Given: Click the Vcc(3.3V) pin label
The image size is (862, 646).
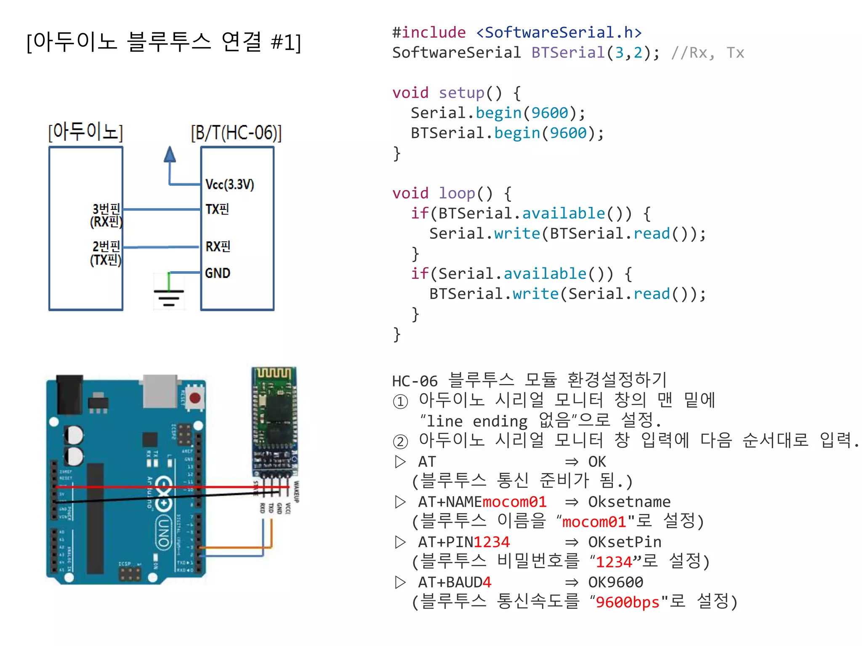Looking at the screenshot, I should click(229, 184).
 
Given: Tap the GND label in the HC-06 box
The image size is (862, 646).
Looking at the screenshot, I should click(217, 273).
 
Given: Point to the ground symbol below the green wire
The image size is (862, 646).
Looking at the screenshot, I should click(169, 297).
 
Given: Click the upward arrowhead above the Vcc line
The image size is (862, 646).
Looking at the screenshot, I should click(170, 154).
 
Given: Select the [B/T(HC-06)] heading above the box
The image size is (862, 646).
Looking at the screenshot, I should click(236, 133).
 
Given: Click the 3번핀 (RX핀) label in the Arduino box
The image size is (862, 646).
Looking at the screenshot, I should click(106, 215).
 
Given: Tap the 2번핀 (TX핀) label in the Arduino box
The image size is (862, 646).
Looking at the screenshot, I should click(106, 253).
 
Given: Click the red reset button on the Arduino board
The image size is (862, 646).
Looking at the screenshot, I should click(195, 398).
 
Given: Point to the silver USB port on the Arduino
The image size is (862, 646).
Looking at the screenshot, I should click(160, 391).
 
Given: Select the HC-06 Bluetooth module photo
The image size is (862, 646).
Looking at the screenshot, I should click(274, 421).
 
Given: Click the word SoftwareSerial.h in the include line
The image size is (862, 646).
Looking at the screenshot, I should click(559, 32).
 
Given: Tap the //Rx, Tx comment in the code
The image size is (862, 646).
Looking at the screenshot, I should click(708, 53).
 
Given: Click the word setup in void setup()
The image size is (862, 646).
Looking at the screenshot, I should click(461, 93).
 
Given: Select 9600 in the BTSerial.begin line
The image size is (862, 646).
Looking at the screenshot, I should click(568, 133).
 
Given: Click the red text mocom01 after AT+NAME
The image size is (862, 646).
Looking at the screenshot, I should click(514, 502).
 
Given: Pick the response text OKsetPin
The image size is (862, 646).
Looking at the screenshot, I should click(625, 542).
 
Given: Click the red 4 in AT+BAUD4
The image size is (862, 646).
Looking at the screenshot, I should click(487, 582).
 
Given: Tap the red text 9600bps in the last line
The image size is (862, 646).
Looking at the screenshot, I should click(628, 602).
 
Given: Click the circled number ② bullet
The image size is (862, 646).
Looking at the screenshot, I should click(400, 441).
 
